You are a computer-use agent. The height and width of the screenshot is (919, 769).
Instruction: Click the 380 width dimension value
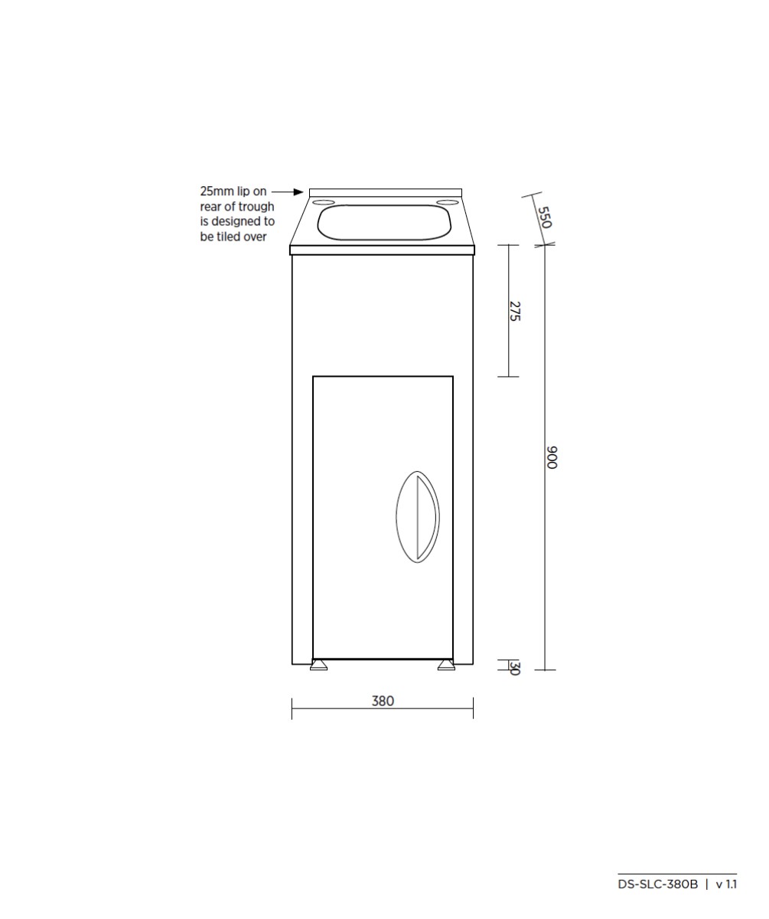[x=383, y=701]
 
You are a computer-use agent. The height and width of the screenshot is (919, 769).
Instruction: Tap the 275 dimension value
[x=515, y=311]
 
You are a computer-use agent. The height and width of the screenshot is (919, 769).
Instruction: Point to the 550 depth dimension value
[x=543, y=217]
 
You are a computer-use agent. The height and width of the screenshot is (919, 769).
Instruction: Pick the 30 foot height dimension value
[x=515, y=668]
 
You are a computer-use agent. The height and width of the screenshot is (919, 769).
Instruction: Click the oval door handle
[x=418, y=517]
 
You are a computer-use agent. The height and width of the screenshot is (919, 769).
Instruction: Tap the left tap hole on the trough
[x=324, y=203]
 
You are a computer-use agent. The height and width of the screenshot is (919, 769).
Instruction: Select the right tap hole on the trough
[x=445, y=203]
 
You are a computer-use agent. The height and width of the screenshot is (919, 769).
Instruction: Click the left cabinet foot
[x=318, y=666]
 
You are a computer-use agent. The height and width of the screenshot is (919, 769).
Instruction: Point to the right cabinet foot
[x=446, y=666]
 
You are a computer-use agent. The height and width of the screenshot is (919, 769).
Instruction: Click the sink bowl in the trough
[x=384, y=222]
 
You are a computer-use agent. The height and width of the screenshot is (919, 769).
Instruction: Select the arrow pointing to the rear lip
[x=288, y=191]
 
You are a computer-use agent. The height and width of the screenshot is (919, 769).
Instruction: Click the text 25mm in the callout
[x=217, y=191]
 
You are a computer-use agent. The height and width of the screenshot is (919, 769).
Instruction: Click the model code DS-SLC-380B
[x=657, y=885]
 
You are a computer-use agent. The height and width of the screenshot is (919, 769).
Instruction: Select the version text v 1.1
[x=726, y=885]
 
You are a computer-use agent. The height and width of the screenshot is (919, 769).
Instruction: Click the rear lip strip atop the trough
[x=386, y=192]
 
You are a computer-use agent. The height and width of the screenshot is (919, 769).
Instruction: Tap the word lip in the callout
[x=243, y=191]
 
